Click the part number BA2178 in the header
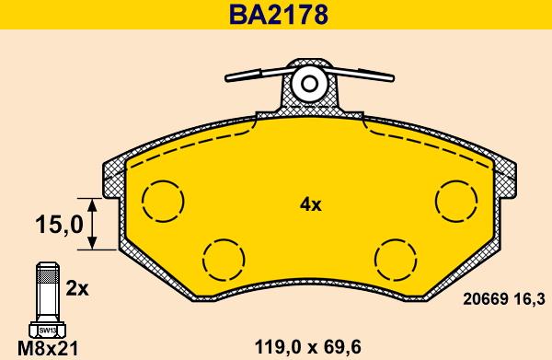pos(278,15)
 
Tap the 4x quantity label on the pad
pos(311,204)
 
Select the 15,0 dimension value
pos(59,225)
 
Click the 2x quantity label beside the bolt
pos(77,289)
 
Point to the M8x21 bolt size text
pos(48,349)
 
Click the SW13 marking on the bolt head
pos(48,331)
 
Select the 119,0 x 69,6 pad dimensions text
pos(307,348)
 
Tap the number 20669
pos(486,300)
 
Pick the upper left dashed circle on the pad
pos(143,201)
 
